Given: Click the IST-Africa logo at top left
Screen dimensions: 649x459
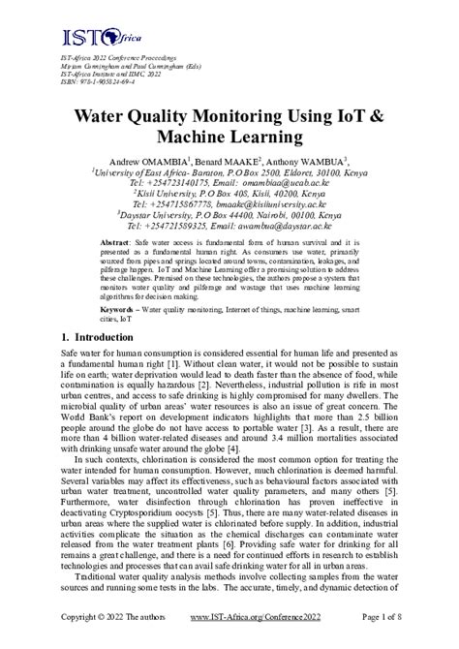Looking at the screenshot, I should (87, 38).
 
